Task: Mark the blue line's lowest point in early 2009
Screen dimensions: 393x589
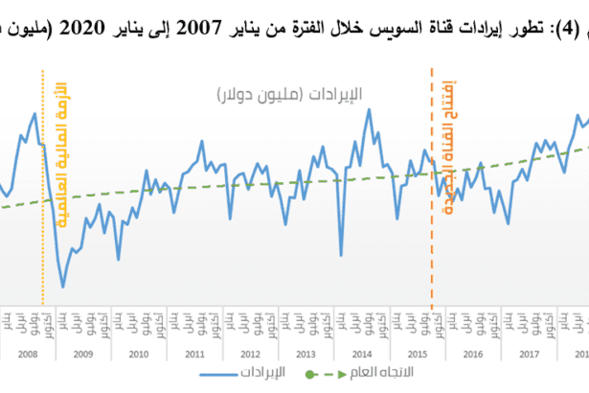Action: point(63,287)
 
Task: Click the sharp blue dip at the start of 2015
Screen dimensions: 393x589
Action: point(341,257)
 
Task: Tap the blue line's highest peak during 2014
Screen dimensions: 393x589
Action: point(369,109)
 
